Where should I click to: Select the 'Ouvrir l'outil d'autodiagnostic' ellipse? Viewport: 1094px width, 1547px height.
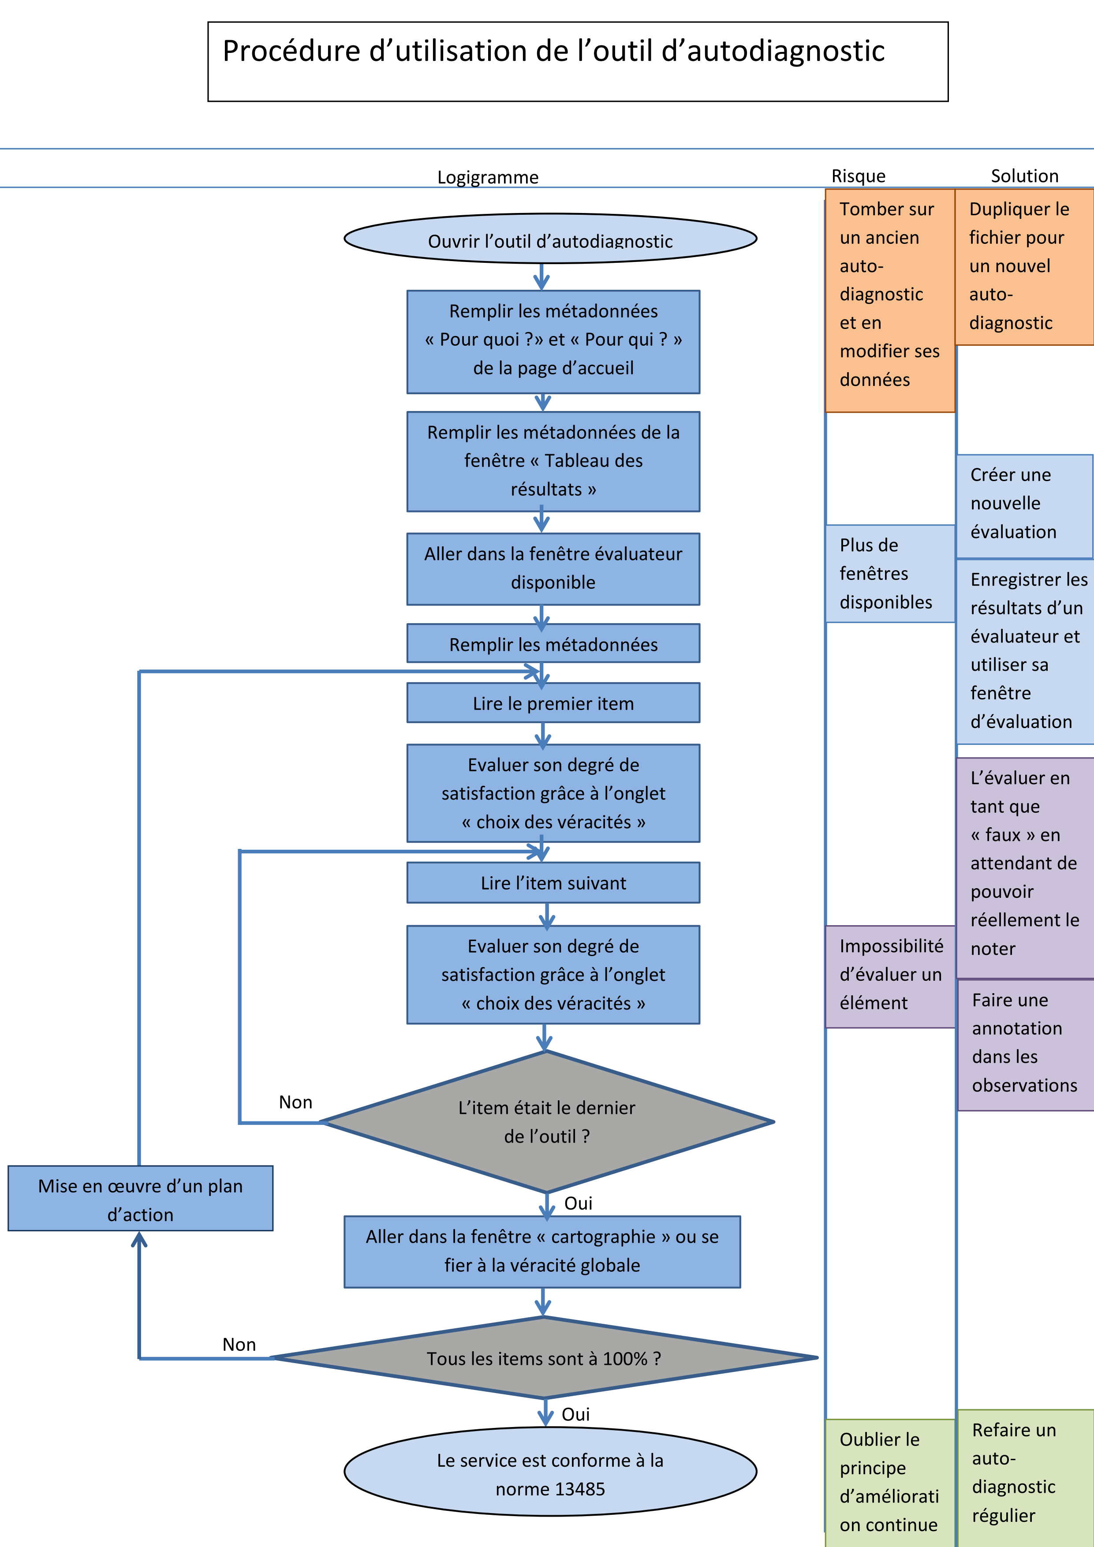tap(550, 239)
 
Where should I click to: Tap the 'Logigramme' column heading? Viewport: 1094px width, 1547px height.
tap(488, 177)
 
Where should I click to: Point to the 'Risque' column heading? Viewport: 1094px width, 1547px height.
tap(858, 176)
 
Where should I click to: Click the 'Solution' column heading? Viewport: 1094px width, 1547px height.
tap(1024, 176)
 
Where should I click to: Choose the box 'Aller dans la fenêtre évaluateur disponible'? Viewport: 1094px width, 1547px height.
tap(553, 569)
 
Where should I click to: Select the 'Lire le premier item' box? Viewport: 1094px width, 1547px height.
tap(553, 703)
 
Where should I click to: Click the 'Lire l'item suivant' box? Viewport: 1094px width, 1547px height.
tap(553, 883)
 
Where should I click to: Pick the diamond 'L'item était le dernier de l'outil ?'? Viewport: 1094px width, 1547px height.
tap(547, 1122)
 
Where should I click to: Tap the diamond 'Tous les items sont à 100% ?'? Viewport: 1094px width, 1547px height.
tap(544, 1358)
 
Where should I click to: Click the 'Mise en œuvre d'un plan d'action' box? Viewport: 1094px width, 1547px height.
tap(140, 1200)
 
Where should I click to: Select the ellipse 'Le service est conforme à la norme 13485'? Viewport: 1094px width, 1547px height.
tap(550, 1474)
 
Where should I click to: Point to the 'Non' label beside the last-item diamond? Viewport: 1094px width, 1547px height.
tap(296, 1102)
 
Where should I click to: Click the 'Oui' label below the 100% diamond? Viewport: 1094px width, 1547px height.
tap(575, 1414)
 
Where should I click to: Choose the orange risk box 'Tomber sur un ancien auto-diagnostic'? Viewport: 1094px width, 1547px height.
tap(890, 300)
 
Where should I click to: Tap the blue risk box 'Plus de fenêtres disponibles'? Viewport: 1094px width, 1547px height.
tap(890, 573)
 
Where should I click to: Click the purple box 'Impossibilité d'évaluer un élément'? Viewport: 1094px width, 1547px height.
tap(890, 975)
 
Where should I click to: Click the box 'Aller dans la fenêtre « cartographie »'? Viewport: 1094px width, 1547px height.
tap(542, 1251)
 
